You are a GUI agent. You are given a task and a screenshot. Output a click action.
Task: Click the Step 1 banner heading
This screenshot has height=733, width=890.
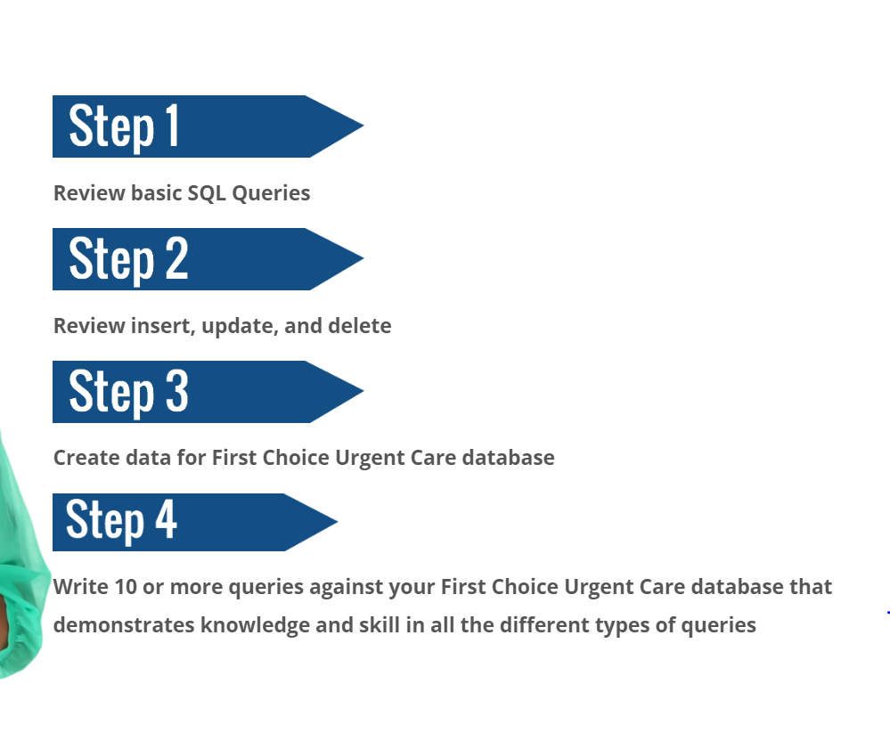[x=125, y=126]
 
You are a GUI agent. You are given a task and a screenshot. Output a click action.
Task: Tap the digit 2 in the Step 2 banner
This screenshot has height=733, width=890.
[x=176, y=258]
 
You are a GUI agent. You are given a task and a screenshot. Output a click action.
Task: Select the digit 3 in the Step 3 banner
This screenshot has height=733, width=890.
[x=176, y=391]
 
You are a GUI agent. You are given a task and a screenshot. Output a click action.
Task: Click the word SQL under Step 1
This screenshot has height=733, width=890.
[x=207, y=193]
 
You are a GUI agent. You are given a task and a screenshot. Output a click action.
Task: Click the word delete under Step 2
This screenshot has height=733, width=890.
[x=359, y=326]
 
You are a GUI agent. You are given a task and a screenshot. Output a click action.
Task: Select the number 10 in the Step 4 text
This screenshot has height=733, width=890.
[x=124, y=587]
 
